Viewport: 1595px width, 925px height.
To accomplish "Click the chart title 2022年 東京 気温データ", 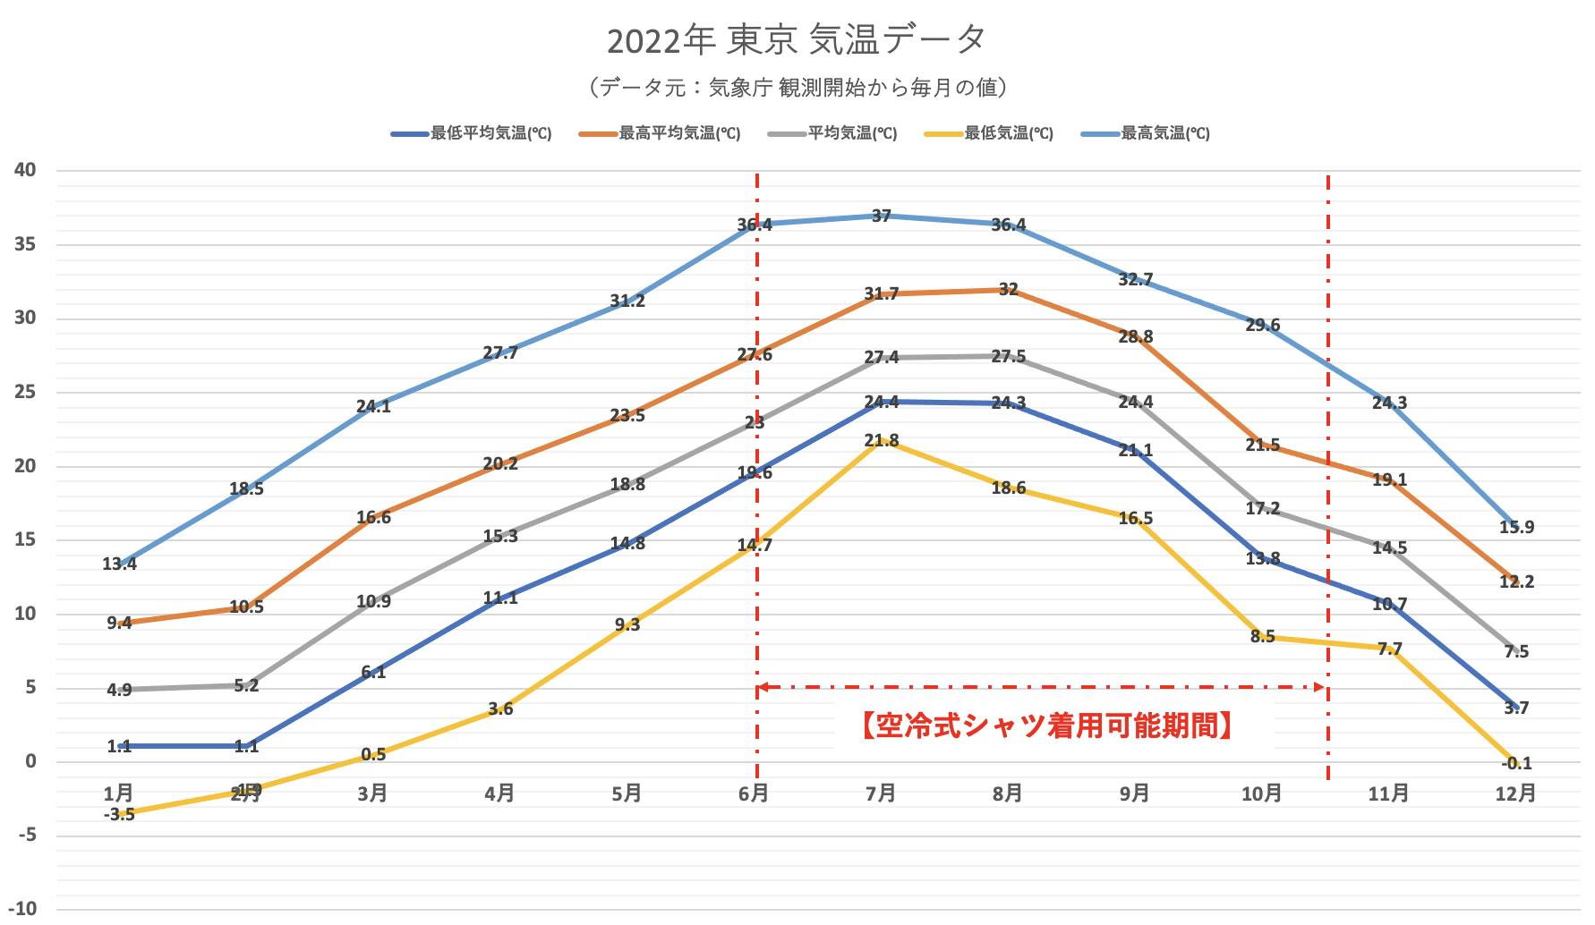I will (797, 40).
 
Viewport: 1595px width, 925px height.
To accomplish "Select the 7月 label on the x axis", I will (881, 793).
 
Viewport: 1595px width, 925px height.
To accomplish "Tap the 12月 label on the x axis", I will (1515, 793).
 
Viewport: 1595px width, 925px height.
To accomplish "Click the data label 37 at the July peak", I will (882, 216).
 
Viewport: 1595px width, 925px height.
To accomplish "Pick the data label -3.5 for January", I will (119, 814).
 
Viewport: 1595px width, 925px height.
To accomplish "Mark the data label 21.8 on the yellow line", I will (882, 440).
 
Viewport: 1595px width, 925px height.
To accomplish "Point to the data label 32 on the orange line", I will (1009, 289).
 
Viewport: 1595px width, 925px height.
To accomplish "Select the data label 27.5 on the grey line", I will (1009, 356).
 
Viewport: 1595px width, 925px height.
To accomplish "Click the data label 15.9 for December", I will (1516, 527).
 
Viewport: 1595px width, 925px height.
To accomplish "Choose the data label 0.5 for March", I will (373, 754).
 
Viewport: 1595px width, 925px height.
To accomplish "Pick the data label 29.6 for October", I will (1262, 325).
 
